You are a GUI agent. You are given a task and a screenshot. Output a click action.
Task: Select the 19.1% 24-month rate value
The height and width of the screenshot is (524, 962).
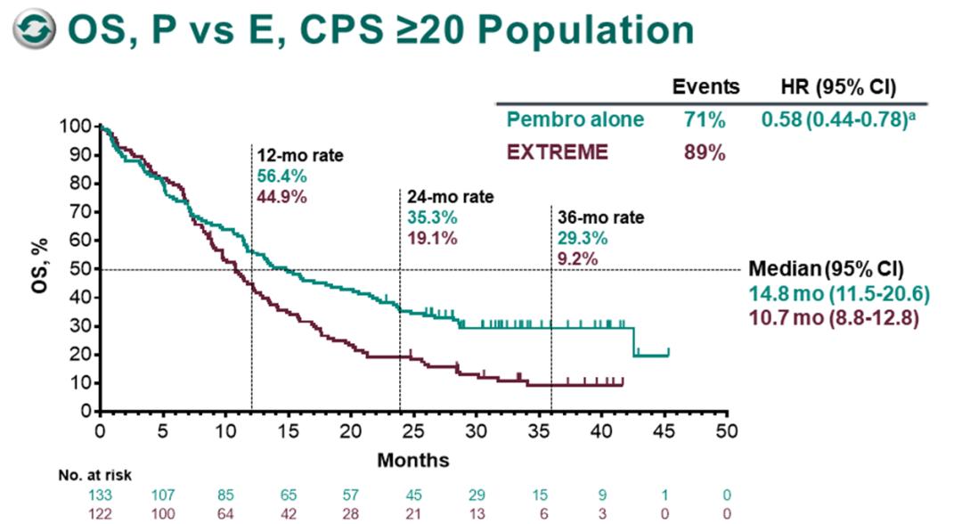[x=432, y=238]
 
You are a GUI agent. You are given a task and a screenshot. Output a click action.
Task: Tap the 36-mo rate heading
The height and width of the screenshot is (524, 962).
[x=600, y=217]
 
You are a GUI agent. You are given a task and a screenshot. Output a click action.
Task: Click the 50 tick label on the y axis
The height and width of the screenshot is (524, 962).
[x=83, y=268]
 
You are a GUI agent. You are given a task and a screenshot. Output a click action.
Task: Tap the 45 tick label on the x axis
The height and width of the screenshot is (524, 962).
[x=664, y=430]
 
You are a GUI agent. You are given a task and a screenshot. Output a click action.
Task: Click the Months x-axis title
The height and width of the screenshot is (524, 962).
[x=412, y=460]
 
